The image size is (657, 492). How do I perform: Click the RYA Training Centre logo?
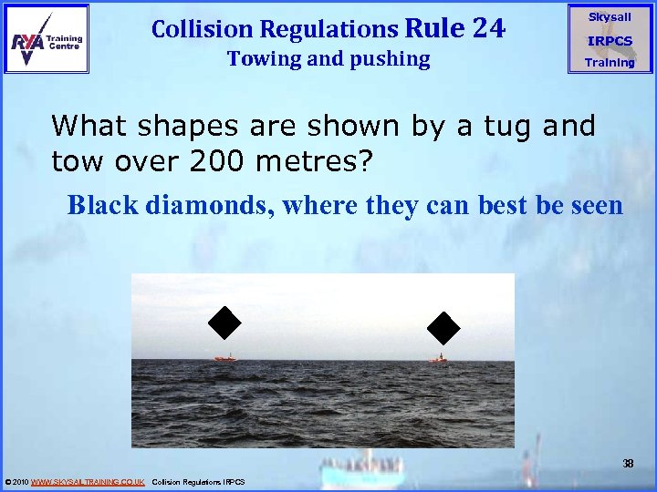(x=47, y=38)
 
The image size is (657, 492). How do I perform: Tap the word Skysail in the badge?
(x=609, y=17)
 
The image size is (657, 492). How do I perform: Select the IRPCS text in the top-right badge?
(x=609, y=41)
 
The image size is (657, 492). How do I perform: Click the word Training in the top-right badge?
(x=609, y=63)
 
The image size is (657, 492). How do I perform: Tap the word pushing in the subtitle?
(x=389, y=60)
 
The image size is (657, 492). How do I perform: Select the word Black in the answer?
(x=101, y=205)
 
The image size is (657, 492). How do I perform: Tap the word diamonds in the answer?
(x=208, y=205)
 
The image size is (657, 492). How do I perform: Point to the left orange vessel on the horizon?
(x=224, y=358)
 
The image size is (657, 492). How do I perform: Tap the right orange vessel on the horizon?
(x=438, y=359)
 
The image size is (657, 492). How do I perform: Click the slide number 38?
(x=628, y=464)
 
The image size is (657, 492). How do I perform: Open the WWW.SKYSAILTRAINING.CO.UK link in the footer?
(x=88, y=481)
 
